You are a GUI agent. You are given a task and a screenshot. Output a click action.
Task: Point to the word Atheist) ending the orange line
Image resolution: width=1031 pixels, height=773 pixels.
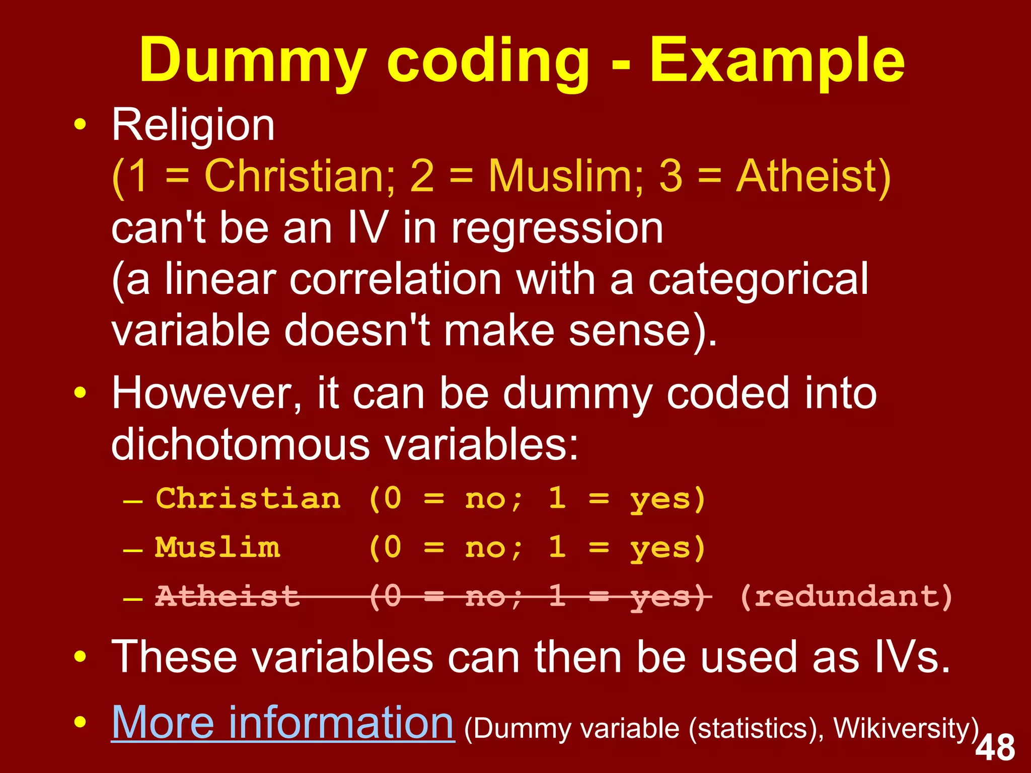[813, 176]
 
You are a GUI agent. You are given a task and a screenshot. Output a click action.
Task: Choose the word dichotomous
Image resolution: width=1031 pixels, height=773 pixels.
[241, 445]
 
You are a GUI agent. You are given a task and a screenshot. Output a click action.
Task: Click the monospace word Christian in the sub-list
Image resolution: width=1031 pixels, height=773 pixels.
[248, 499]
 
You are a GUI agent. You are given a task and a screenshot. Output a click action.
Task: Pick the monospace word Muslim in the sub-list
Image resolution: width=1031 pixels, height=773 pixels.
[217, 547]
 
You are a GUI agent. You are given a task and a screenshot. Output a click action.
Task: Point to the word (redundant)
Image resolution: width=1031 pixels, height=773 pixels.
[846, 596]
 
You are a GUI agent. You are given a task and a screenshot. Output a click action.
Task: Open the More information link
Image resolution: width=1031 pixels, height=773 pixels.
[282, 723]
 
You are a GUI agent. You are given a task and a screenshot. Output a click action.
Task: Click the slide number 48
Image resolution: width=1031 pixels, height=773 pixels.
[995, 748]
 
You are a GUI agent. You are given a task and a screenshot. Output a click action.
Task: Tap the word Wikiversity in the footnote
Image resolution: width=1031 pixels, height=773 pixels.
[906, 729]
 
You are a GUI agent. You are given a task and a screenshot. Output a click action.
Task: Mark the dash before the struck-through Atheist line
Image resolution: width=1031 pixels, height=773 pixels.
[133, 599]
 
